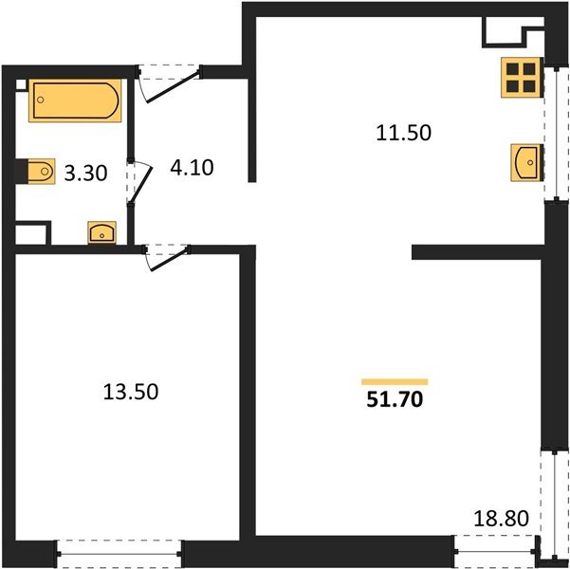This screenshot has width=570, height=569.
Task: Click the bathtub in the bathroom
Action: (76, 100)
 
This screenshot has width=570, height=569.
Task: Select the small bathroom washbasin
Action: (101, 230)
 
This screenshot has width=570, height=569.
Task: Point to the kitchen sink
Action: (524, 161)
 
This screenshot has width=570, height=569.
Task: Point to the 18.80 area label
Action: (501, 520)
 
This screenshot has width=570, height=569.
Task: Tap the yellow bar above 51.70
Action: (395, 381)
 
